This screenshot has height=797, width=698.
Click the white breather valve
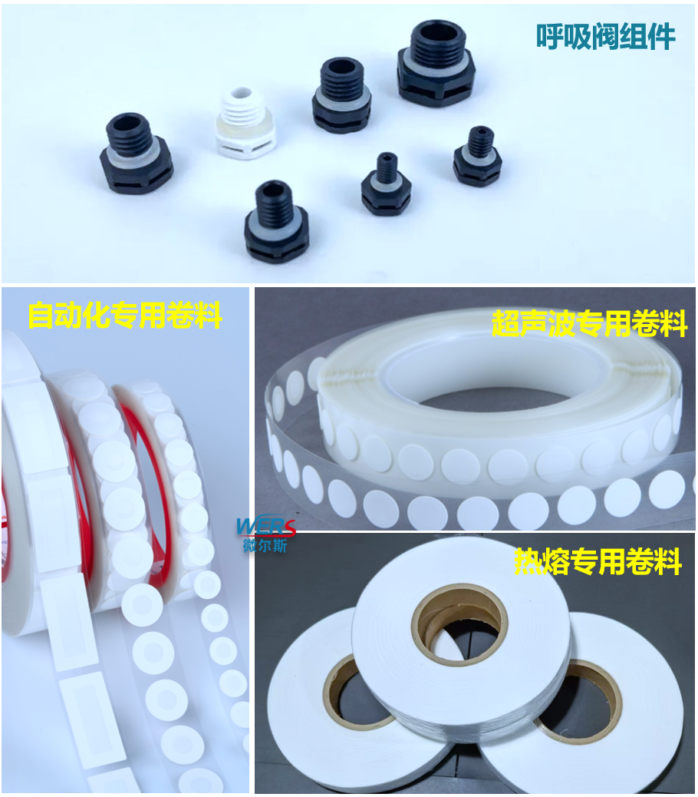coord(245,124)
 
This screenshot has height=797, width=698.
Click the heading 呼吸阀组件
coord(606,37)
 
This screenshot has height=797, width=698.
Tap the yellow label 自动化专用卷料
coord(125,315)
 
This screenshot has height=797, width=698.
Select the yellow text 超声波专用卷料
coord(589,323)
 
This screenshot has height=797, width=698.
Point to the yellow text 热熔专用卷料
coord(598,561)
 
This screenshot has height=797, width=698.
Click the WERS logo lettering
coord(265,527)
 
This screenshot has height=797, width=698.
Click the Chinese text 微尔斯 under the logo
coord(265,546)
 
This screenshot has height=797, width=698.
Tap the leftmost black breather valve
coord(137,152)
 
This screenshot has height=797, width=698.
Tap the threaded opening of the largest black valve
coord(436,34)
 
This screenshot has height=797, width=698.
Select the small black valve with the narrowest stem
coord(386,184)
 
